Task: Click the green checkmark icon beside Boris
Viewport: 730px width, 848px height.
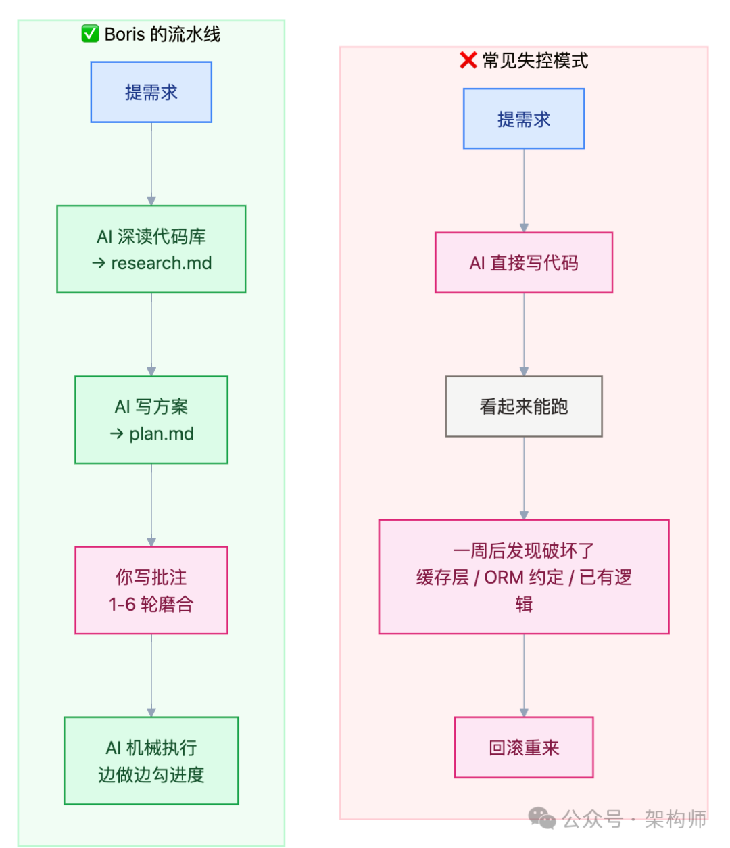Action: (x=90, y=34)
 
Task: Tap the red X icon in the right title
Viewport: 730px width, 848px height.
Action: (x=468, y=61)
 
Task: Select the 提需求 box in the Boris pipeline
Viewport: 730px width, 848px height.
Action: (x=151, y=93)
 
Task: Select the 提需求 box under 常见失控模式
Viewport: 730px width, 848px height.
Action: (x=524, y=119)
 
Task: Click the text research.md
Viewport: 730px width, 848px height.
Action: (x=162, y=263)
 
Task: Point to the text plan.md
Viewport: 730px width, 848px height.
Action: (x=162, y=433)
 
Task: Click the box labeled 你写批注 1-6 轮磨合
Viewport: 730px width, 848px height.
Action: (x=151, y=590)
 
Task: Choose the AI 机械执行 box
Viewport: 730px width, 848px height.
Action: (x=151, y=761)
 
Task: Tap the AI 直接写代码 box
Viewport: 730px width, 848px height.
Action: (x=524, y=263)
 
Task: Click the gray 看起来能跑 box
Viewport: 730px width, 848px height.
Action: (x=524, y=406)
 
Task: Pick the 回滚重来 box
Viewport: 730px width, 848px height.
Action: (x=524, y=748)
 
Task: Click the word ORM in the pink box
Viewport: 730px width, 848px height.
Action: (x=504, y=578)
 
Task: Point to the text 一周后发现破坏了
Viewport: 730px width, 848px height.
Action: (x=524, y=551)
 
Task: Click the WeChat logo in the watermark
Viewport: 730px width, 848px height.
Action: (x=542, y=818)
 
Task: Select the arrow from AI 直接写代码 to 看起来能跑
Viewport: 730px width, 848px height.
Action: (x=524, y=335)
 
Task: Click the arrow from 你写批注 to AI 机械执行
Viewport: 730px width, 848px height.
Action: (x=151, y=676)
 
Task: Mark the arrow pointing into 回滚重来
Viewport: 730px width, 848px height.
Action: (x=524, y=676)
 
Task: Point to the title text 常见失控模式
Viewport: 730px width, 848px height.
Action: (x=535, y=61)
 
